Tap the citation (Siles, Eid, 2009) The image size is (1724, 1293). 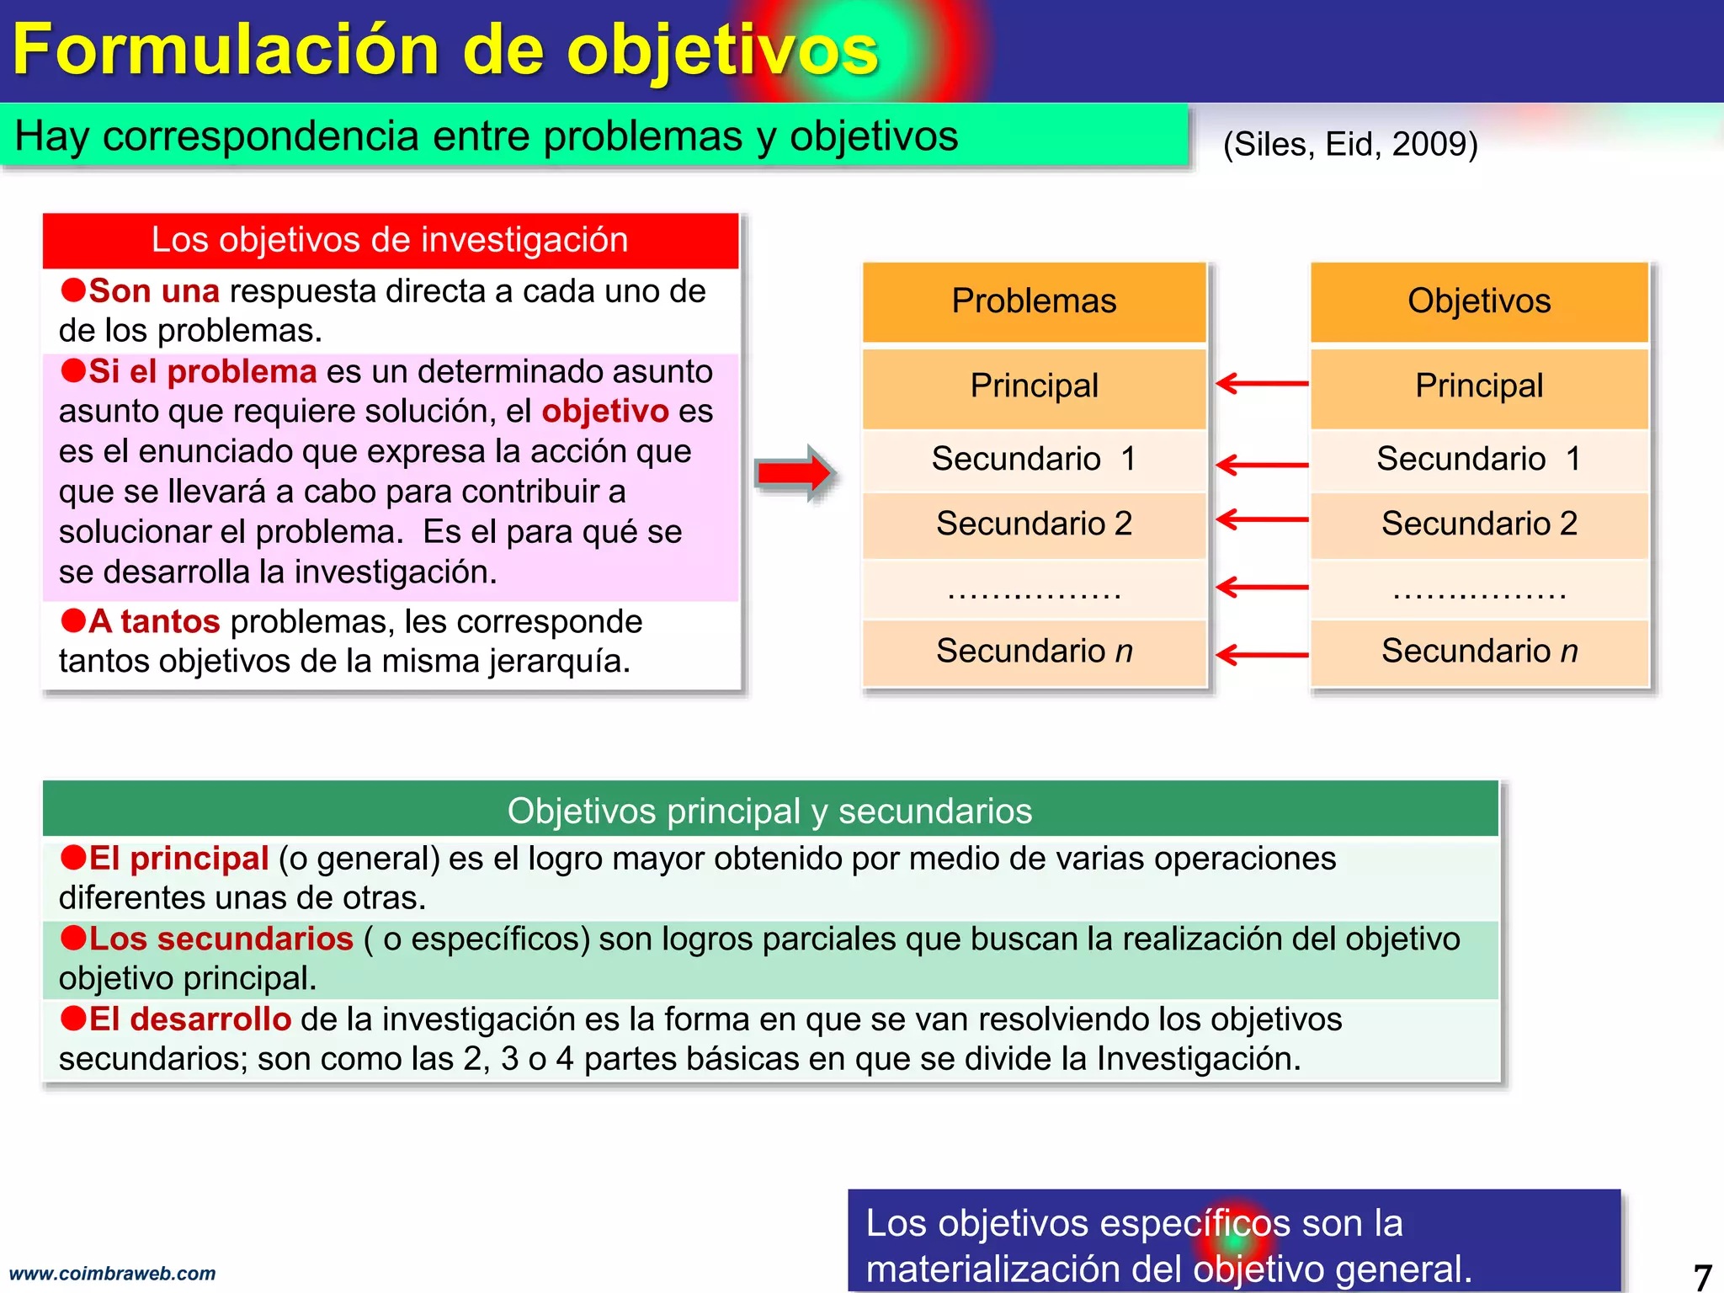(x=1350, y=144)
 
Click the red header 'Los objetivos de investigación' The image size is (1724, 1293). (x=390, y=240)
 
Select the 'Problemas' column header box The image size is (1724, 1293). (x=1034, y=301)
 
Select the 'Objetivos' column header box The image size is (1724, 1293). (x=1479, y=301)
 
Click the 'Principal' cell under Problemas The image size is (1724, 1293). (x=1034, y=386)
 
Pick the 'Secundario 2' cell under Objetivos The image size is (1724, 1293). (x=1479, y=524)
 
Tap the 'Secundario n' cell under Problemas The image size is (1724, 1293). (x=1034, y=651)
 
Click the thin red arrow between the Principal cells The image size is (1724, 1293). (x=1261, y=384)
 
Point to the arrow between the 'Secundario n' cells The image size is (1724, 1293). (x=1261, y=654)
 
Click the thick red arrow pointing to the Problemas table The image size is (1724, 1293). (x=794, y=473)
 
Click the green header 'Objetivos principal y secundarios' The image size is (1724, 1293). (x=769, y=811)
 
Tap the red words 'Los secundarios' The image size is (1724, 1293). (x=221, y=939)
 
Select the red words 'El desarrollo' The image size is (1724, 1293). (x=189, y=1019)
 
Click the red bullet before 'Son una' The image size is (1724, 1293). (x=73, y=290)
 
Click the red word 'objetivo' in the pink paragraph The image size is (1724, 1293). (x=604, y=412)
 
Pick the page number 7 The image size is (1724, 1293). (x=1702, y=1275)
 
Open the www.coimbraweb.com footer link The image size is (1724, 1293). (x=112, y=1273)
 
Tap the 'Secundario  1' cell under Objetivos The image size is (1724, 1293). (x=1479, y=460)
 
